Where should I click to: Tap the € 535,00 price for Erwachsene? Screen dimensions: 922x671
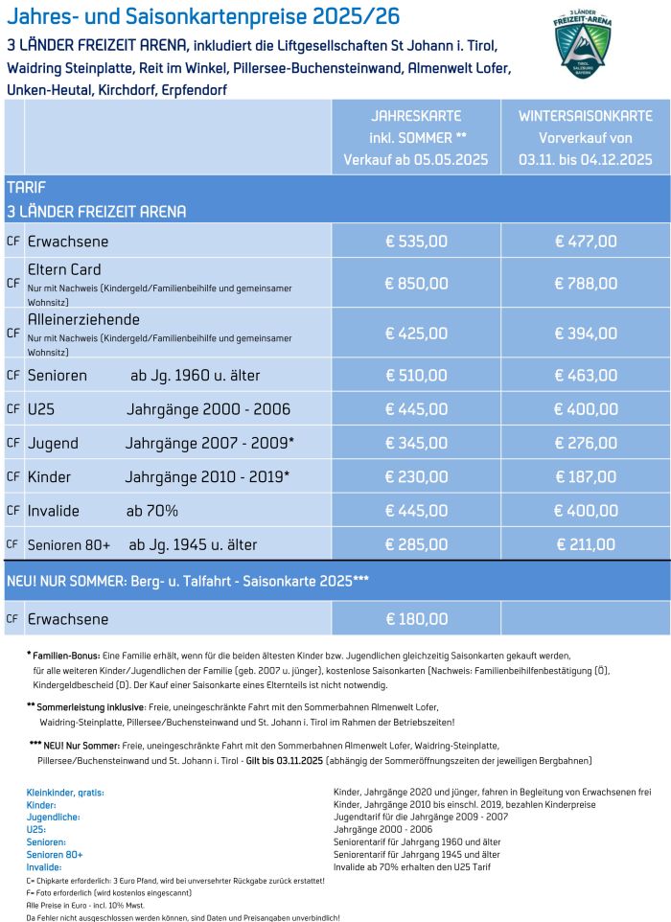tap(416, 242)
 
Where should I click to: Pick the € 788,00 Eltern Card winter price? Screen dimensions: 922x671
tap(586, 283)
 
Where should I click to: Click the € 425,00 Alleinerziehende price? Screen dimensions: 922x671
tap(416, 334)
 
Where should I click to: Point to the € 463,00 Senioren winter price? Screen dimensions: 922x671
tap(586, 376)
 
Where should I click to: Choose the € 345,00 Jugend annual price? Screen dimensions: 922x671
tap(416, 443)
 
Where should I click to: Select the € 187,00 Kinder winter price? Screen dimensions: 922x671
tap(586, 476)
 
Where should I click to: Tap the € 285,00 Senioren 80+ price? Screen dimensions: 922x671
tap(416, 544)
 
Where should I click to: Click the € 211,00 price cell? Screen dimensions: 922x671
tap(586, 544)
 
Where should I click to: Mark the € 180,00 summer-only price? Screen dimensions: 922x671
tap(416, 619)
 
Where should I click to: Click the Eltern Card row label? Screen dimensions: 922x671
tap(64, 269)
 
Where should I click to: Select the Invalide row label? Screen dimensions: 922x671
tap(54, 511)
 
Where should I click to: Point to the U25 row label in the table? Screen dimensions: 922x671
tap(41, 409)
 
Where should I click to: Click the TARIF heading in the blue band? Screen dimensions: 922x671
tap(26, 188)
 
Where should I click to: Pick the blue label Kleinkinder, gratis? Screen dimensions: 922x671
tap(65, 793)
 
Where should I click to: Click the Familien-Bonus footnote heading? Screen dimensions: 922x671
tap(64, 655)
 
